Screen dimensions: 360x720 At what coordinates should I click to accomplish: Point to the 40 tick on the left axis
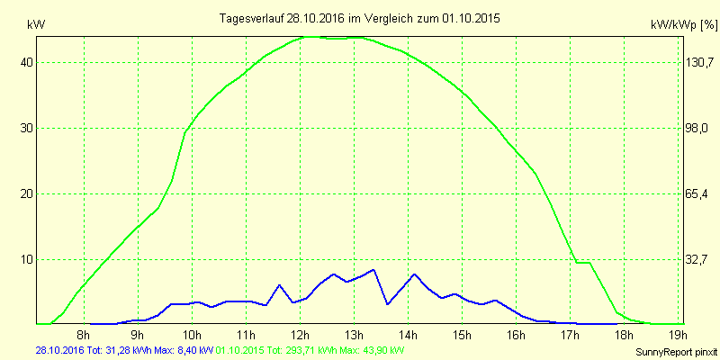[x=27, y=63]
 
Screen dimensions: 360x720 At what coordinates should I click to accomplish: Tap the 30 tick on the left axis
[x=27, y=129]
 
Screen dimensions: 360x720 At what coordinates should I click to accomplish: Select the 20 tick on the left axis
[x=27, y=194]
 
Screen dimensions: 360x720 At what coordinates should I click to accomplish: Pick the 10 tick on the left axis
[x=27, y=260]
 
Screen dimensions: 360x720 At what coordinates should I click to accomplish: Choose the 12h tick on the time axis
[x=300, y=336]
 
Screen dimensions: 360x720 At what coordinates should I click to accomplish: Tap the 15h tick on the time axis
[x=462, y=336]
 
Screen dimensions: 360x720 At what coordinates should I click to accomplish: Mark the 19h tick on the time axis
[x=678, y=336]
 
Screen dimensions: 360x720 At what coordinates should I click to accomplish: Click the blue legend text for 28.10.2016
[x=124, y=349]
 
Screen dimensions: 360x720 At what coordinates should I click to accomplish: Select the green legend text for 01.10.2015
[x=310, y=349]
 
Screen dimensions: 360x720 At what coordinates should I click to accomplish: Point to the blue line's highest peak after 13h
[x=373, y=270]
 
